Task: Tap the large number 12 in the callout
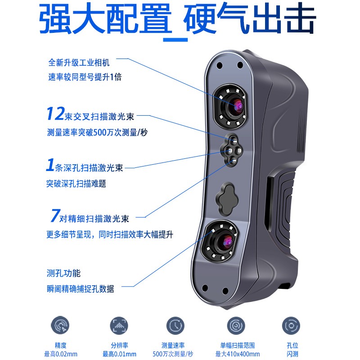tap(55, 113)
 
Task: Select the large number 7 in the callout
tap(55, 215)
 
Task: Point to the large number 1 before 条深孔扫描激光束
tap(50, 165)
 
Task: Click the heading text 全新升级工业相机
tap(79, 63)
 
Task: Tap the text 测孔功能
tap(63, 273)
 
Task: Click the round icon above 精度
tap(60, 325)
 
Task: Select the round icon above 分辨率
tap(119, 325)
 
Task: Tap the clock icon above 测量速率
tap(175, 325)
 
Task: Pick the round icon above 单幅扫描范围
tap(236, 325)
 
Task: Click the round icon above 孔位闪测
tap(291, 325)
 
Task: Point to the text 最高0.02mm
tap(61, 354)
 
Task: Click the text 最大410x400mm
tap(238, 354)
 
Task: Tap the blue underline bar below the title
tap(175, 40)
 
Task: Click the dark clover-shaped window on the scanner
tap(227, 199)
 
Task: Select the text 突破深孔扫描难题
tap(76, 184)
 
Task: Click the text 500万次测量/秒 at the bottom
tap(173, 354)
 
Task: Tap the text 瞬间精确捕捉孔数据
tap(81, 289)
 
